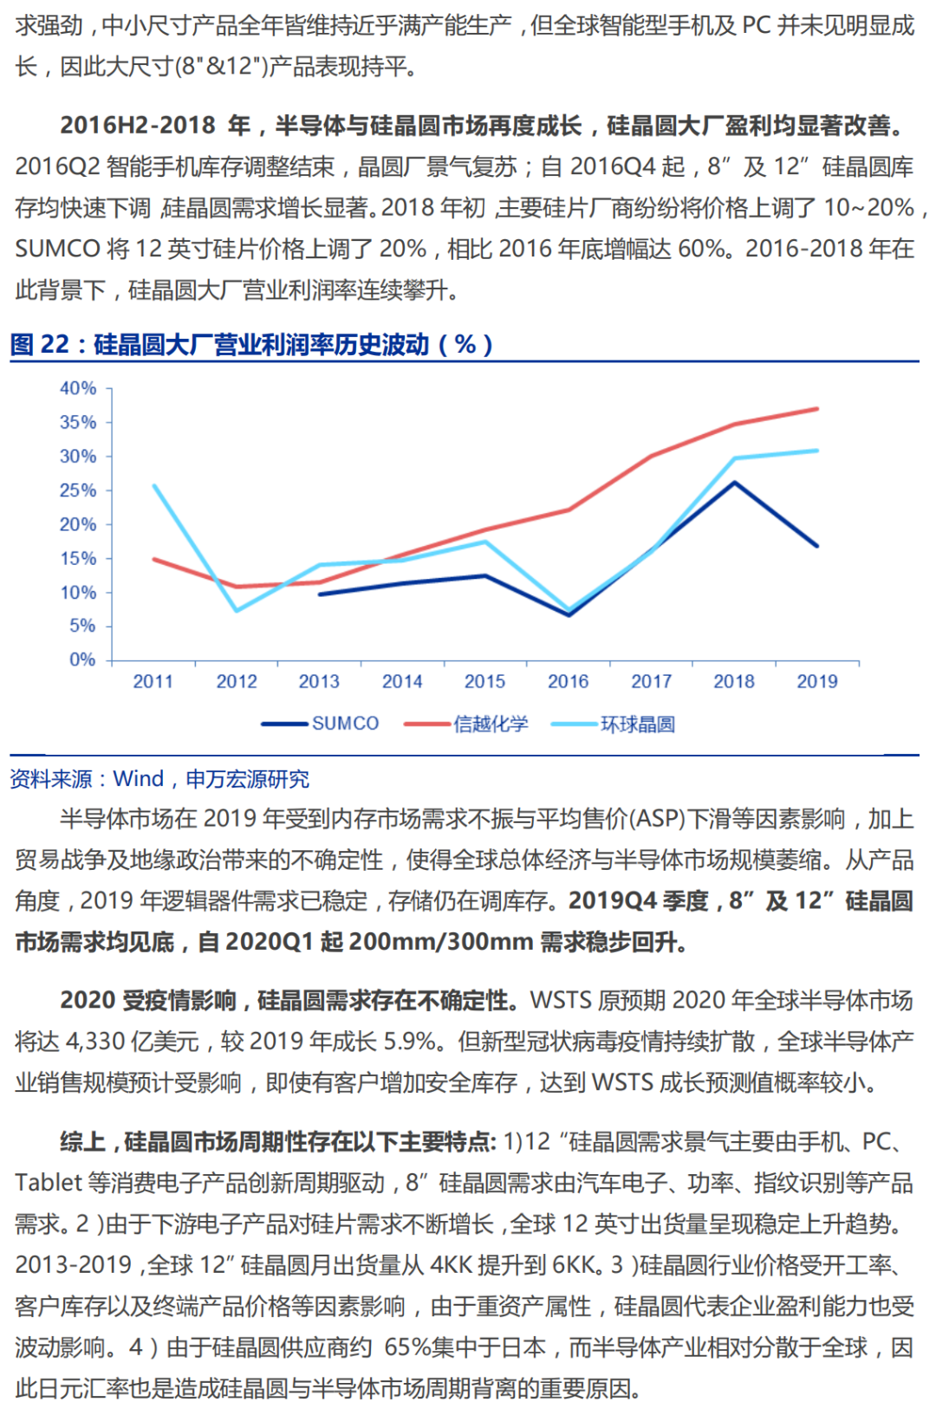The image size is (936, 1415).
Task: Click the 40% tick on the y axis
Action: [78, 388]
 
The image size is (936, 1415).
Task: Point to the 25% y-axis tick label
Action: [78, 490]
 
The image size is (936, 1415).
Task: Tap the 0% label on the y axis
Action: [82, 659]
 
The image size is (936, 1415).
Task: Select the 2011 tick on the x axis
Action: [153, 682]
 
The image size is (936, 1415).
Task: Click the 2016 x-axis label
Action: [568, 682]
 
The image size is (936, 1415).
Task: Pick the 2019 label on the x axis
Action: [816, 682]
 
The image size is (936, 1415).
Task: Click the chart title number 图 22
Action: [40, 345]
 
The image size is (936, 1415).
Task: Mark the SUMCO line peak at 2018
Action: [735, 483]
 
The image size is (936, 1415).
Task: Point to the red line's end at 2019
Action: [817, 409]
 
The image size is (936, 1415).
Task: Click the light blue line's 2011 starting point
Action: [154, 486]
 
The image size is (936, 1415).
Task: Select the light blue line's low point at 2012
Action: [237, 611]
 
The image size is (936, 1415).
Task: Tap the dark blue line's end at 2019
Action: [817, 546]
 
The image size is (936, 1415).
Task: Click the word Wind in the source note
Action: [139, 779]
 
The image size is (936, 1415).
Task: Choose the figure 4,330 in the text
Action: [94, 1041]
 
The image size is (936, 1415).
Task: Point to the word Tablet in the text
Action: [49, 1183]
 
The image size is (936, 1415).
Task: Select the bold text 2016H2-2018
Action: [138, 126]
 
